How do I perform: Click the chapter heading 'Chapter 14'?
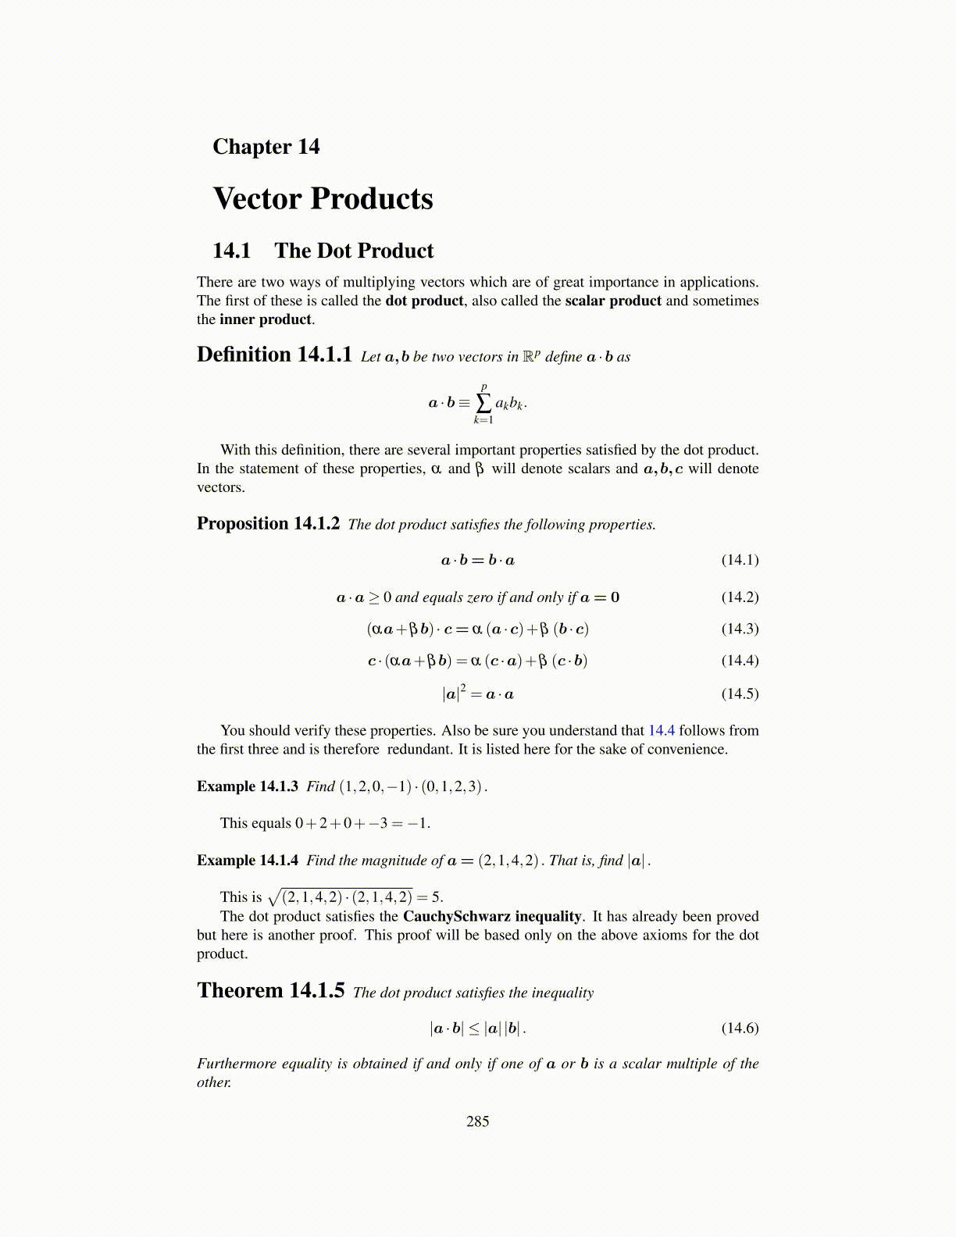[266, 147]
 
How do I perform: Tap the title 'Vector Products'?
[323, 198]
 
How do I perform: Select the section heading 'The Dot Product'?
[353, 251]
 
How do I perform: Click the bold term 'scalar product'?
[613, 301]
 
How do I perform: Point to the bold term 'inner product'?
[266, 319]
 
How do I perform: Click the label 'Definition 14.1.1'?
[274, 355]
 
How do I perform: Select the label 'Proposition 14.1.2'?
[268, 523]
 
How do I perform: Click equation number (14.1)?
[740, 560]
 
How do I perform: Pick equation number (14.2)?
[740, 597]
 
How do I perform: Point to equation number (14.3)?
[740, 629]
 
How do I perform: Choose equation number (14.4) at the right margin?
[740, 661]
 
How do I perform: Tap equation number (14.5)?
[740, 693]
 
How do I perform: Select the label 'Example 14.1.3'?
[248, 786]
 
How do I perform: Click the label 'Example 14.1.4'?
[248, 861]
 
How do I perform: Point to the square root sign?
[273, 897]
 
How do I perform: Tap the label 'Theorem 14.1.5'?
[270, 991]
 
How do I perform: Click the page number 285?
[477, 1121]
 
